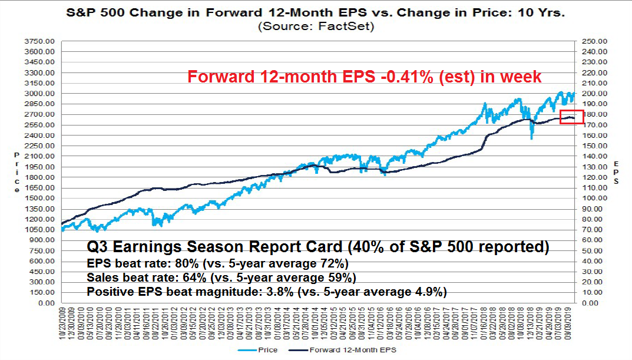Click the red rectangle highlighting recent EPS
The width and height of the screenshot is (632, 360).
571,117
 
